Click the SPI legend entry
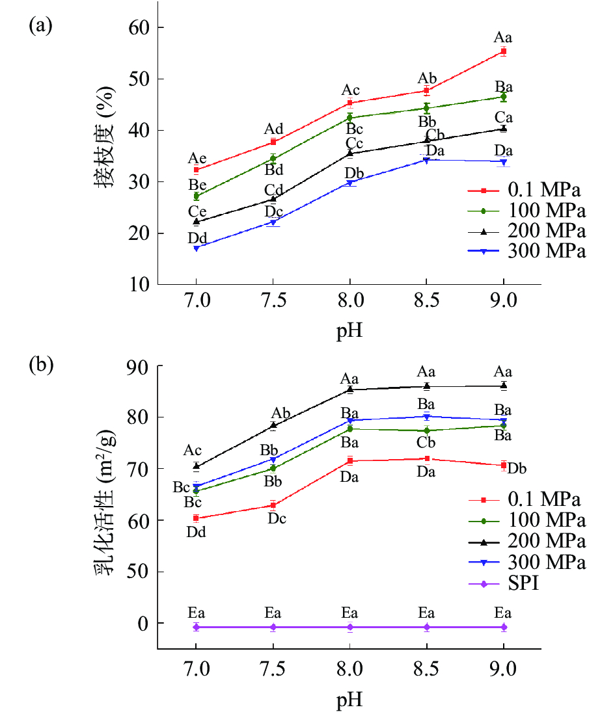pos(525,584)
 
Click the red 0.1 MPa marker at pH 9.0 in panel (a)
pos(503,51)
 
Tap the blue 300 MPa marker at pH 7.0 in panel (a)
pos(196,248)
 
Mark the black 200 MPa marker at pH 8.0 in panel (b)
pos(350,390)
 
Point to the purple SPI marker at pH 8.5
pos(427,627)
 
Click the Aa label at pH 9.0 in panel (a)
pos(503,38)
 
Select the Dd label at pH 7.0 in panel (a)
pos(197,237)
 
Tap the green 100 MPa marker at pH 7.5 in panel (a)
pos(273,158)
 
